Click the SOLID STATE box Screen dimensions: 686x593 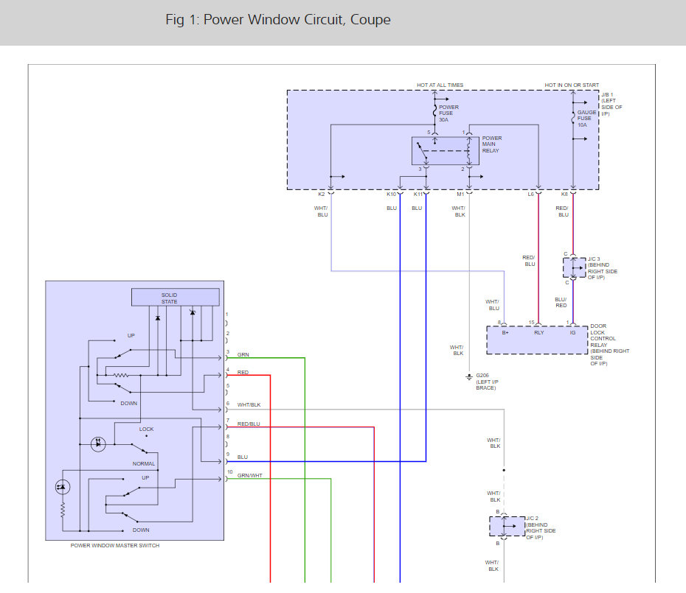click(x=176, y=297)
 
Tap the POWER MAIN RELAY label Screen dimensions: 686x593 click(x=492, y=144)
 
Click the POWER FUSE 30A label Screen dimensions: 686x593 click(x=449, y=113)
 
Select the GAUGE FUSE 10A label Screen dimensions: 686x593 click(x=586, y=119)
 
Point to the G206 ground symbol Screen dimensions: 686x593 click(x=469, y=376)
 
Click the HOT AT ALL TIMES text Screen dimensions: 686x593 click(x=440, y=85)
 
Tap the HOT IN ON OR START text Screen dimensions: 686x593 click(x=572, y=85)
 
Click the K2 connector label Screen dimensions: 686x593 click(x=322, y=194)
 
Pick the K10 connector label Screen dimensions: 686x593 click(x=391, y=194)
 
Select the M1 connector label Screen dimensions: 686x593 click(x=460, y=194)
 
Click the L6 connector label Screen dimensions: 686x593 click(x=530, y=194)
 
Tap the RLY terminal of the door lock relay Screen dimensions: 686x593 click(x=539, y=332)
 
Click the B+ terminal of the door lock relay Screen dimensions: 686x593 click(x=505, y=332)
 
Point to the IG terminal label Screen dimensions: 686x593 click(x=572, y=332)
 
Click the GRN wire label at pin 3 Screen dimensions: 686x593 click(x=243, y=355)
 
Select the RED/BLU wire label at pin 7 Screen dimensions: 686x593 click(x=249, y=424)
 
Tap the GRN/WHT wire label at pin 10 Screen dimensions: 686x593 click(x=250, y=475)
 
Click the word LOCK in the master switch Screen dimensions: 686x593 click(x=147, y=429)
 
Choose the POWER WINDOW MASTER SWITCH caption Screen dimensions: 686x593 click(x=115, y=545)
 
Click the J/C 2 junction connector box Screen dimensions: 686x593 click(x=507, y=526)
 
